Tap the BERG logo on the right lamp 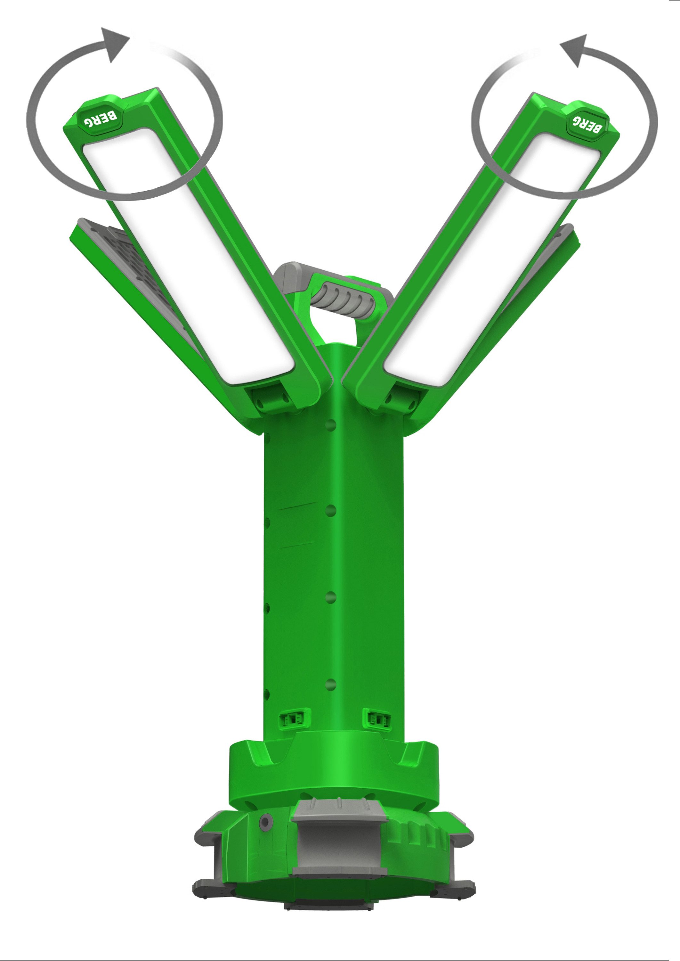(586, 123)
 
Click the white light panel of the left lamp (189, 260)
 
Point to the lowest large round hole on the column (331, 685)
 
